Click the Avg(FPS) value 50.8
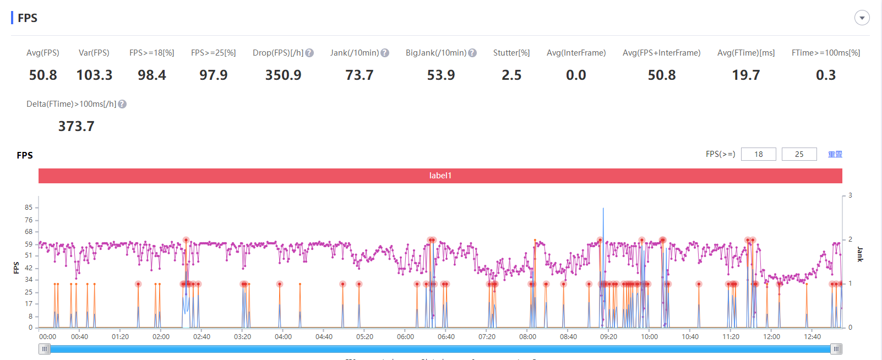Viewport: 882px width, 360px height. tap(43, 75)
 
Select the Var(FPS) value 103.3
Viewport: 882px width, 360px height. tap(94, 75)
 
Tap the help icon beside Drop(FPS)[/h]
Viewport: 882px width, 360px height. tap(309, 53)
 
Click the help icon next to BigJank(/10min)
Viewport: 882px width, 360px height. tap(472, 53)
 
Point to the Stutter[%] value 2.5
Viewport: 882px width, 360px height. tap(511, 75)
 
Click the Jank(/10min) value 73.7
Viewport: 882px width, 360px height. tap(360, 75)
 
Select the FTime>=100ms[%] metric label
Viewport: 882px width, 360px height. tap(826, 53)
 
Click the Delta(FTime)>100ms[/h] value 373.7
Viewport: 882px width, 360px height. tap(77, 126)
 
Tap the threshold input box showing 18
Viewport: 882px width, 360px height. tap(759, 154)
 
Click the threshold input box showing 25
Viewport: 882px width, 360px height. tap(799, 154)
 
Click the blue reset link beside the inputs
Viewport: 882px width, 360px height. tap(835, 154)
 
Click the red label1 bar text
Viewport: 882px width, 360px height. tap(440, 176)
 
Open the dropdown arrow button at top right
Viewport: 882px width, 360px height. tap(862, 18)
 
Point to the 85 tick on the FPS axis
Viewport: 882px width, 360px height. tap(29, 208)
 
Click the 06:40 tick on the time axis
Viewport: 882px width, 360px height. tap(446, 336)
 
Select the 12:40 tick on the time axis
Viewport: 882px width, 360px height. tap(812, 336)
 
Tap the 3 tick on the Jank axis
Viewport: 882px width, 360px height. tap(850, 195)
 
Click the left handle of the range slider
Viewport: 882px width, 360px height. tap(45, 348)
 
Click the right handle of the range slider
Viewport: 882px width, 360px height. tap(836, 348)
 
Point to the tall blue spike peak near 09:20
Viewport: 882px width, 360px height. tap(603, 209)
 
